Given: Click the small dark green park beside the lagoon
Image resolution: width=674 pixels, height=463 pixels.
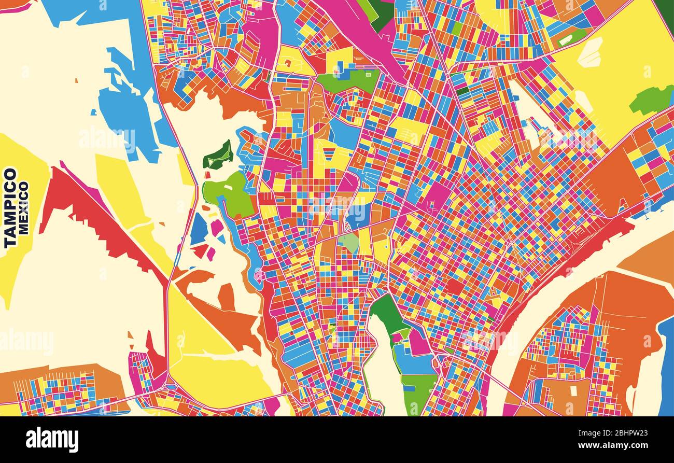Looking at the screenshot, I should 218,156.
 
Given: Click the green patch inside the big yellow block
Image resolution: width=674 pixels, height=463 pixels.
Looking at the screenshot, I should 652,100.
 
